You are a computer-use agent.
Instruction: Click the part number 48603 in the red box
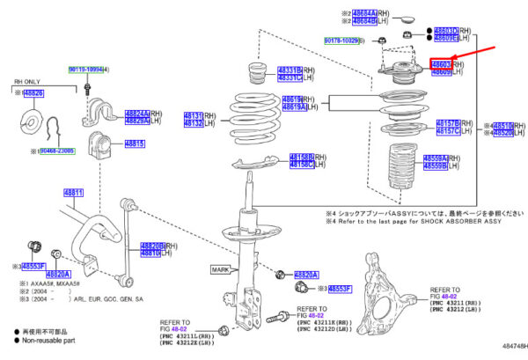441,64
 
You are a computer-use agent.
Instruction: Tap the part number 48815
134,143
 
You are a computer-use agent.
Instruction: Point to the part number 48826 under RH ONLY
34,92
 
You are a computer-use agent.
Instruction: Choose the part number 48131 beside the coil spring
194,115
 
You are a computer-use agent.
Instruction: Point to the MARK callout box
220,268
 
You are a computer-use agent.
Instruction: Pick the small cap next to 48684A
407,18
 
